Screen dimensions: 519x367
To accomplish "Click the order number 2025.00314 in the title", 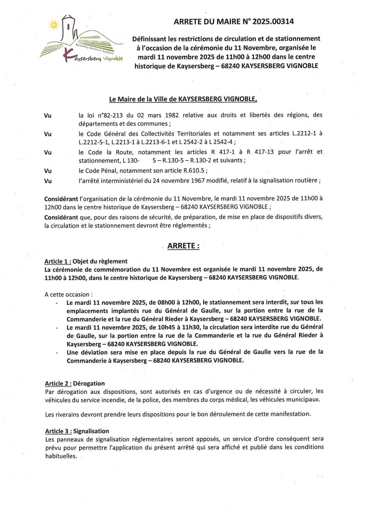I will [273, 22].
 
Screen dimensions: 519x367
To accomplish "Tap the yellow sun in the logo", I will [54, 25].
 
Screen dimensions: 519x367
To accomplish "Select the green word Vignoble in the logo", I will [113, 59].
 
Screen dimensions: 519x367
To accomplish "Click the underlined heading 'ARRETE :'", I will [183, 246].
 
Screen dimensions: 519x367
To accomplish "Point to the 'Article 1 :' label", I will [58, 262].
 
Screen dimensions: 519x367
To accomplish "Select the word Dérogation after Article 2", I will [89, 384].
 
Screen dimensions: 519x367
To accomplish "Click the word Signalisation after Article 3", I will [91, 431].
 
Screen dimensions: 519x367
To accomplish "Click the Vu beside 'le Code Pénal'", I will [48, 171].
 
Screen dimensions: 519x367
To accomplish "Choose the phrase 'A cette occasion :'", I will [69, 295].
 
